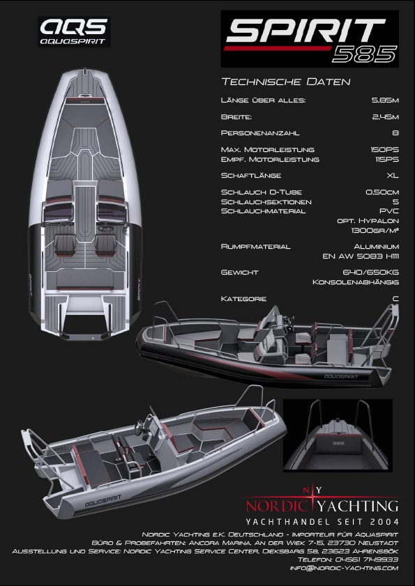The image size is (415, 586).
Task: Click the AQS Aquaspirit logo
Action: pyautogui.click(x=74, y=32)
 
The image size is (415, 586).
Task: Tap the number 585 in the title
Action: pyautogui.click(x=364, y=54)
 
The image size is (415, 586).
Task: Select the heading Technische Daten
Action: pyautogui.click(x=286, y=82)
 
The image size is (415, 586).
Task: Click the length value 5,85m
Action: pyautogui.click(x=385, y=100)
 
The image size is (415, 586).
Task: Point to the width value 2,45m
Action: pyautogui.click(x=385, y=117)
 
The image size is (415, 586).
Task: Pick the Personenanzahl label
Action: pyautogui.click(x=260, y=132)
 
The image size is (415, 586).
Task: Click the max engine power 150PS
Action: pyautogui.click(x=385, y=150)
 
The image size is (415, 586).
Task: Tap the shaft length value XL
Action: pyautogui.click(x=393, y=176)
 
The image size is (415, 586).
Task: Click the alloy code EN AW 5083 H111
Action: pyautogui.click(x=361, y=256)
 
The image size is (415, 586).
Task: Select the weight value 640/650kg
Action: pyautogui.click(x=370, y=272)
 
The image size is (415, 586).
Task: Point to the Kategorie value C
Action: pyautogui.click(x=395, y=299)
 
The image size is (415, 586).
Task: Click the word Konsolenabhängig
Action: pyautogui.click(x=356, y=282)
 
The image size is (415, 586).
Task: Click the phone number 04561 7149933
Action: pyautogui.click(x=366, y=560)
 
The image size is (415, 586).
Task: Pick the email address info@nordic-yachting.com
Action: pyautogui.click(x=345, y=568)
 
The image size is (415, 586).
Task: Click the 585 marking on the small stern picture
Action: pyautogui.click(x=338, y=443)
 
